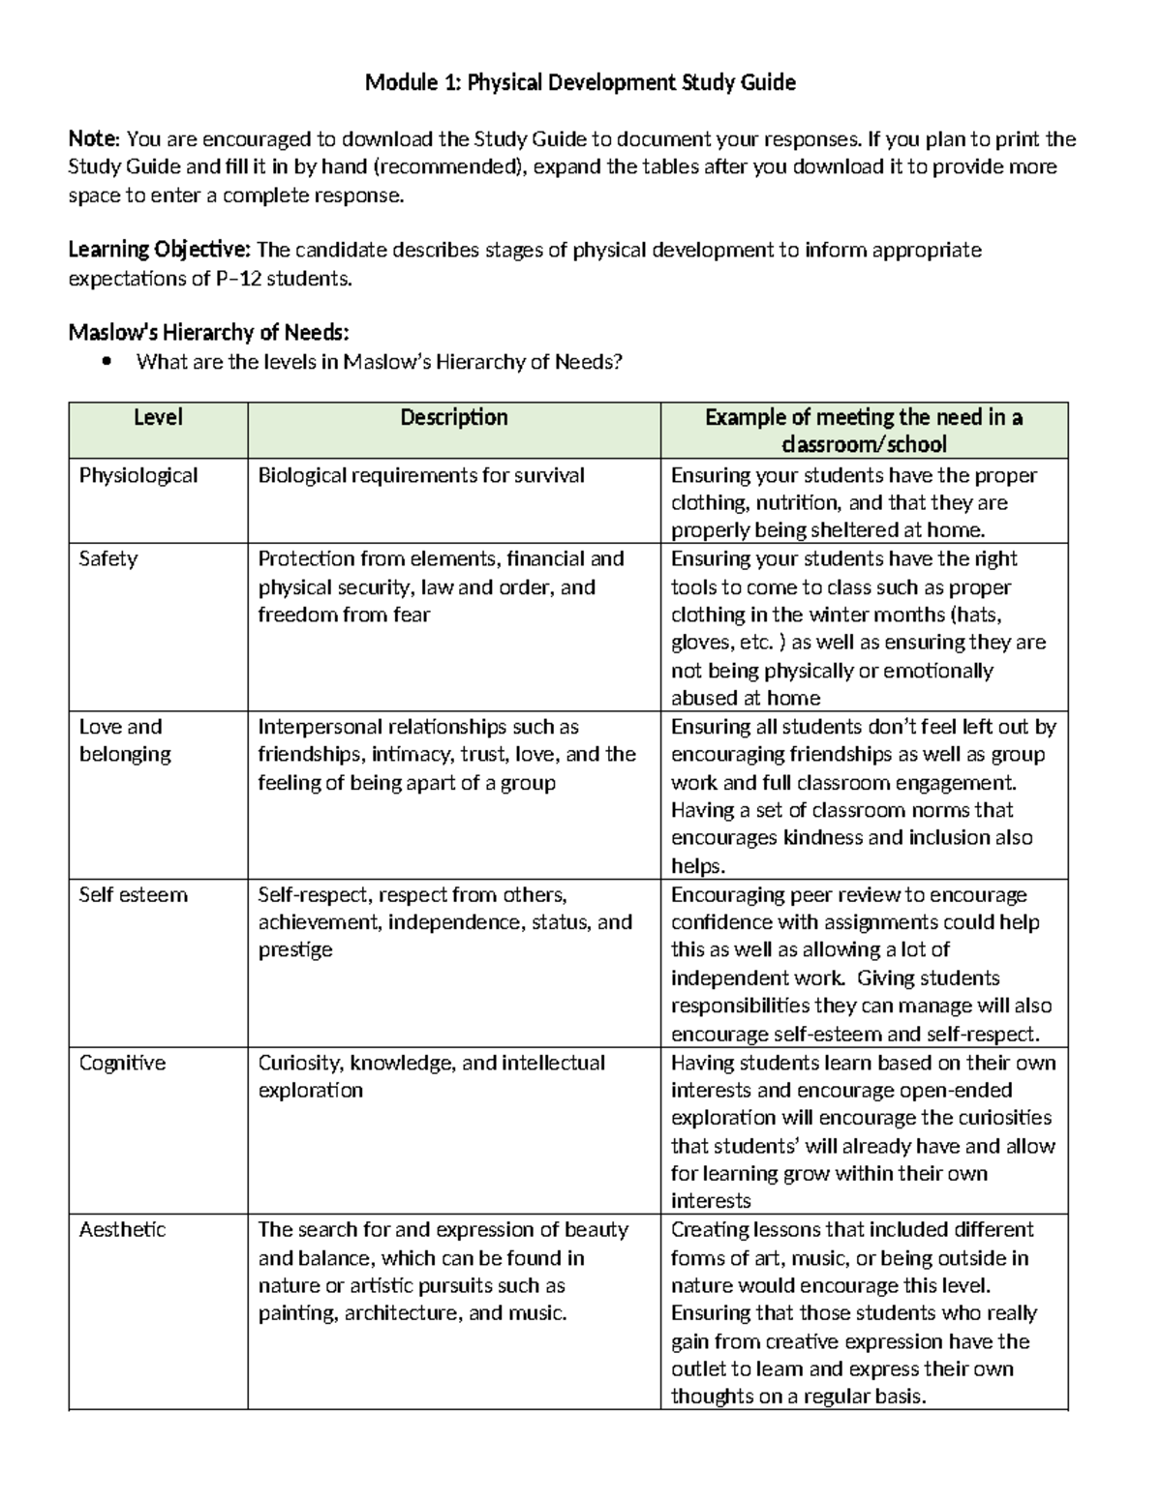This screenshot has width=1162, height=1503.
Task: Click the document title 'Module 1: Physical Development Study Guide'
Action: [x=580, y=83]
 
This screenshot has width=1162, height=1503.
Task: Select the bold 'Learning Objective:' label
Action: [x=159, y=251]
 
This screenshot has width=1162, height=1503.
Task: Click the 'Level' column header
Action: [x=158, y=418]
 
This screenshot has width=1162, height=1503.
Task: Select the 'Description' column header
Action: [x=454, y=418]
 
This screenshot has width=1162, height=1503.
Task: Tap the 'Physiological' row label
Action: [x=138, y=475]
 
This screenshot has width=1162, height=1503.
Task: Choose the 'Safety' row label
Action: [x=108, y=559]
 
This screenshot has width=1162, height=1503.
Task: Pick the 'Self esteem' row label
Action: [x=133, y=895]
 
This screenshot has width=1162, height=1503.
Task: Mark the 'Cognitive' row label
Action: [x=122, y=1063]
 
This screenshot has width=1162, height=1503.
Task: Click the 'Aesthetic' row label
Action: [x=122, y=1230]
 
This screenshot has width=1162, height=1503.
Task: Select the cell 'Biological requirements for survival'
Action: [x=421, y=475]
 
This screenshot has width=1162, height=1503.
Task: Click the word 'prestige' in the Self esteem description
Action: [x=294, y=950]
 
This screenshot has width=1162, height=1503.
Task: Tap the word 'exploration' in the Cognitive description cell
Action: [x=310, y=1091]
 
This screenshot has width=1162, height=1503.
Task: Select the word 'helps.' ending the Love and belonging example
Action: [x=698, y=866]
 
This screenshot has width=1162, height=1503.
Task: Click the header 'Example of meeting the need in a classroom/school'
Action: [x=864, y=431]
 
